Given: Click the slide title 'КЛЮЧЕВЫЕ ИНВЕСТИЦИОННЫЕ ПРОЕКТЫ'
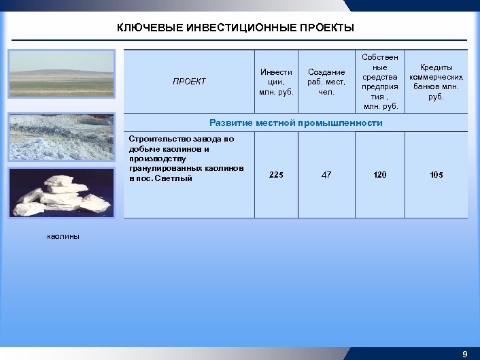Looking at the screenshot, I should (x=235, y=28).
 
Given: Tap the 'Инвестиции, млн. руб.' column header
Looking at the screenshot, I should (x=277, y=82).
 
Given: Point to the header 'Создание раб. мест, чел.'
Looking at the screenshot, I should (x=326, y=82).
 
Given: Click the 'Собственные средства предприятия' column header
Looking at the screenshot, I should (x=380, y=81).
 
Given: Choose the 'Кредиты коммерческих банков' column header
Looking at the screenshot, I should (x=436, y=82).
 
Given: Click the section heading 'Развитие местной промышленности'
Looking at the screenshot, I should (x=296, y=123).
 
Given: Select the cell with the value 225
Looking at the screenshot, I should (x=277, y=175).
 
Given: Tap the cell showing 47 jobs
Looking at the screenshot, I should (x=326, y=175).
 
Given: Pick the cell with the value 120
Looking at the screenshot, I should (x=380, y=175).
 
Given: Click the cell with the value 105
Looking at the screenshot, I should (x=436, y=175).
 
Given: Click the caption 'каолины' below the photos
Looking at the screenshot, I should (x=63, y=236).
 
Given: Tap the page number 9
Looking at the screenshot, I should (x=465, y=354).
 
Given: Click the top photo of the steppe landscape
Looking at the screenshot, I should (x=62, y=80).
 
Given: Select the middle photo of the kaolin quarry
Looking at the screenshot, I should (x=62, y=137).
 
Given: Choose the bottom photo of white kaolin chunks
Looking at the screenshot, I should (x=62, y=193).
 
